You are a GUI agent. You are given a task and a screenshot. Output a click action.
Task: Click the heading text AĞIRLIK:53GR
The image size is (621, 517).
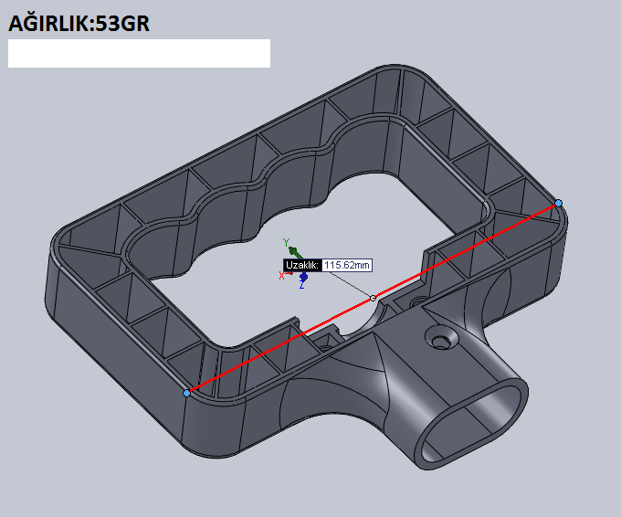[79, 24]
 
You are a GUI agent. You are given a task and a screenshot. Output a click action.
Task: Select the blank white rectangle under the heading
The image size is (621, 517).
[139, 53]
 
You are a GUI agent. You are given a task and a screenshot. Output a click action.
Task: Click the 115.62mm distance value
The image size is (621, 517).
[347, 265]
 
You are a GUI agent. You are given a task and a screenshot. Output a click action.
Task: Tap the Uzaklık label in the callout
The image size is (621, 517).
[302, 265]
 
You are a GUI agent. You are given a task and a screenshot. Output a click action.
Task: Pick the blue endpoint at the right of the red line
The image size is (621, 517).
[558, 203]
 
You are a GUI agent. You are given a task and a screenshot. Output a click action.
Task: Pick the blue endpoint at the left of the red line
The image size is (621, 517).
[186, 393]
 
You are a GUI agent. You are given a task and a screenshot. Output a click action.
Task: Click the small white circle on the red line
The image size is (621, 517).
[373, 298]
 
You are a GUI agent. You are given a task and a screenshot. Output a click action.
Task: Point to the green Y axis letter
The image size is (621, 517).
[287, 242]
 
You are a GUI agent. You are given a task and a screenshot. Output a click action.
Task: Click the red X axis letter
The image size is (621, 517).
[281, 275]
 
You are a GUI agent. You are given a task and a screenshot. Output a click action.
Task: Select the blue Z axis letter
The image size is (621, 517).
[301, 284]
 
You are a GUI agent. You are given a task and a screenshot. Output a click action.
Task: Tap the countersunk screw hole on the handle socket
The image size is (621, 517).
[441, 339]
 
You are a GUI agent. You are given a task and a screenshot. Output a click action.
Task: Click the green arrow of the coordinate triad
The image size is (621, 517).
[296, 252]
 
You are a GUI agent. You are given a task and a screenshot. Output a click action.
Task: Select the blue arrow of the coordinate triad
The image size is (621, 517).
[304, 276]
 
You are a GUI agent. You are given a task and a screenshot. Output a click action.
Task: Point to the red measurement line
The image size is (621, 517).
[373, 298]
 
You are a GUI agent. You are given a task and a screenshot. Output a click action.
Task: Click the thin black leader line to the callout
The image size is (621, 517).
[351, 284]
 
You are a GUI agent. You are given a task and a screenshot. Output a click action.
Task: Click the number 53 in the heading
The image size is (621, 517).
[108, 24]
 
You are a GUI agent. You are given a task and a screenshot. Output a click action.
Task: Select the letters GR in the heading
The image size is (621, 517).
[134, 24]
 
